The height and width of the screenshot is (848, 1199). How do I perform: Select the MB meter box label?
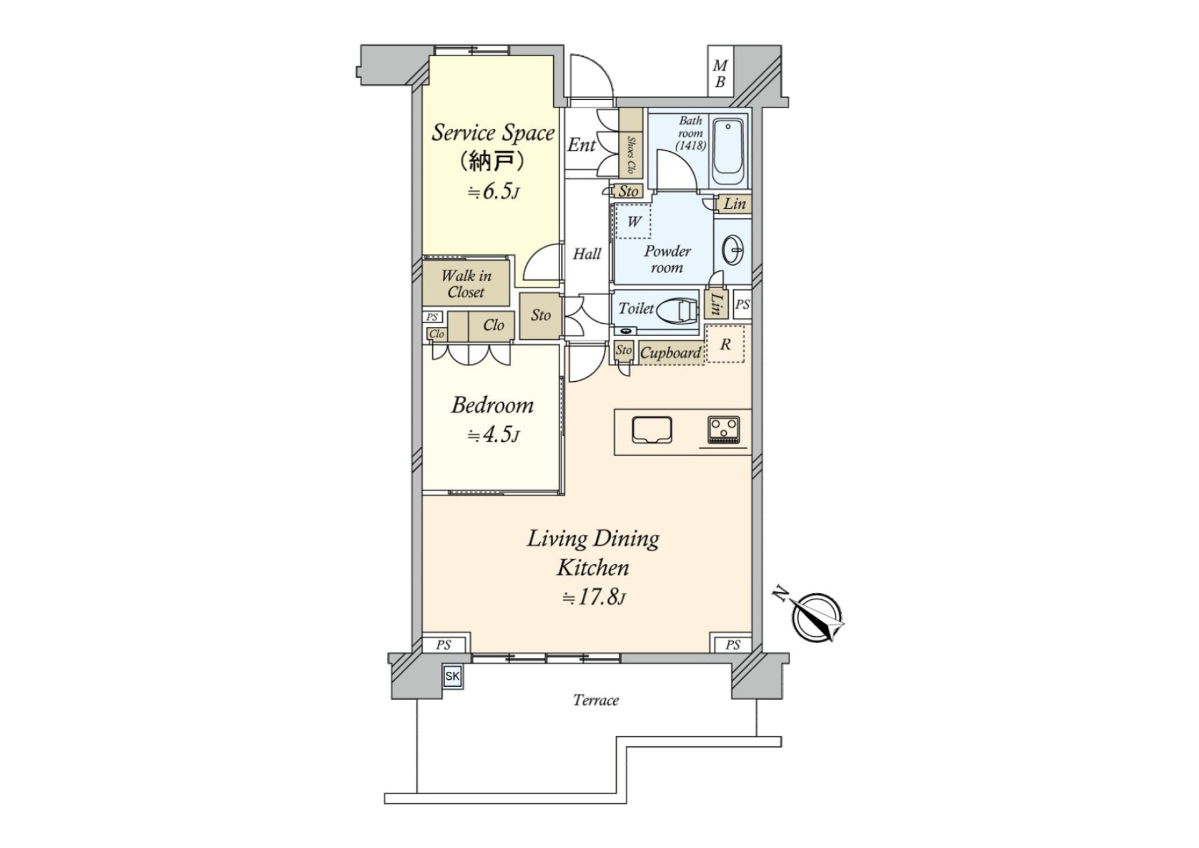[x=720, y=73]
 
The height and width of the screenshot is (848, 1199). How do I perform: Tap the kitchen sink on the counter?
[x=651, y=430]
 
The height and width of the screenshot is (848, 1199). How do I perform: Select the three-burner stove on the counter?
[x=724, y=429]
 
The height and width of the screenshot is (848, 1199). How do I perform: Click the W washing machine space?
[x=633, y=221]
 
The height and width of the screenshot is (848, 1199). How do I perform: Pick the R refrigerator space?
[x=725, y=344]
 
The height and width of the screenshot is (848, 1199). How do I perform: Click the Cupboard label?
[x=671, y=353]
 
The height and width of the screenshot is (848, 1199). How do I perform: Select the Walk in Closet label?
[x=466, y=284]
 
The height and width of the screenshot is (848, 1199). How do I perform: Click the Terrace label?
[x=596, y=700]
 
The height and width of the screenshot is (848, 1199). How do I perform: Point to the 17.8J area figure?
[x=593, y=597]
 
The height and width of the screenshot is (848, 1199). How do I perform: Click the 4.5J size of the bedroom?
[x=493, y=434]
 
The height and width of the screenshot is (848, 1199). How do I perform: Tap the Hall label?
[x=587, y=254]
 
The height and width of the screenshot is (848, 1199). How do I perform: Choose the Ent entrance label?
[x=581, y=145]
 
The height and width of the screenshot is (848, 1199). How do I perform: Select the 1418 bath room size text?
[x=691, y=146]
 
